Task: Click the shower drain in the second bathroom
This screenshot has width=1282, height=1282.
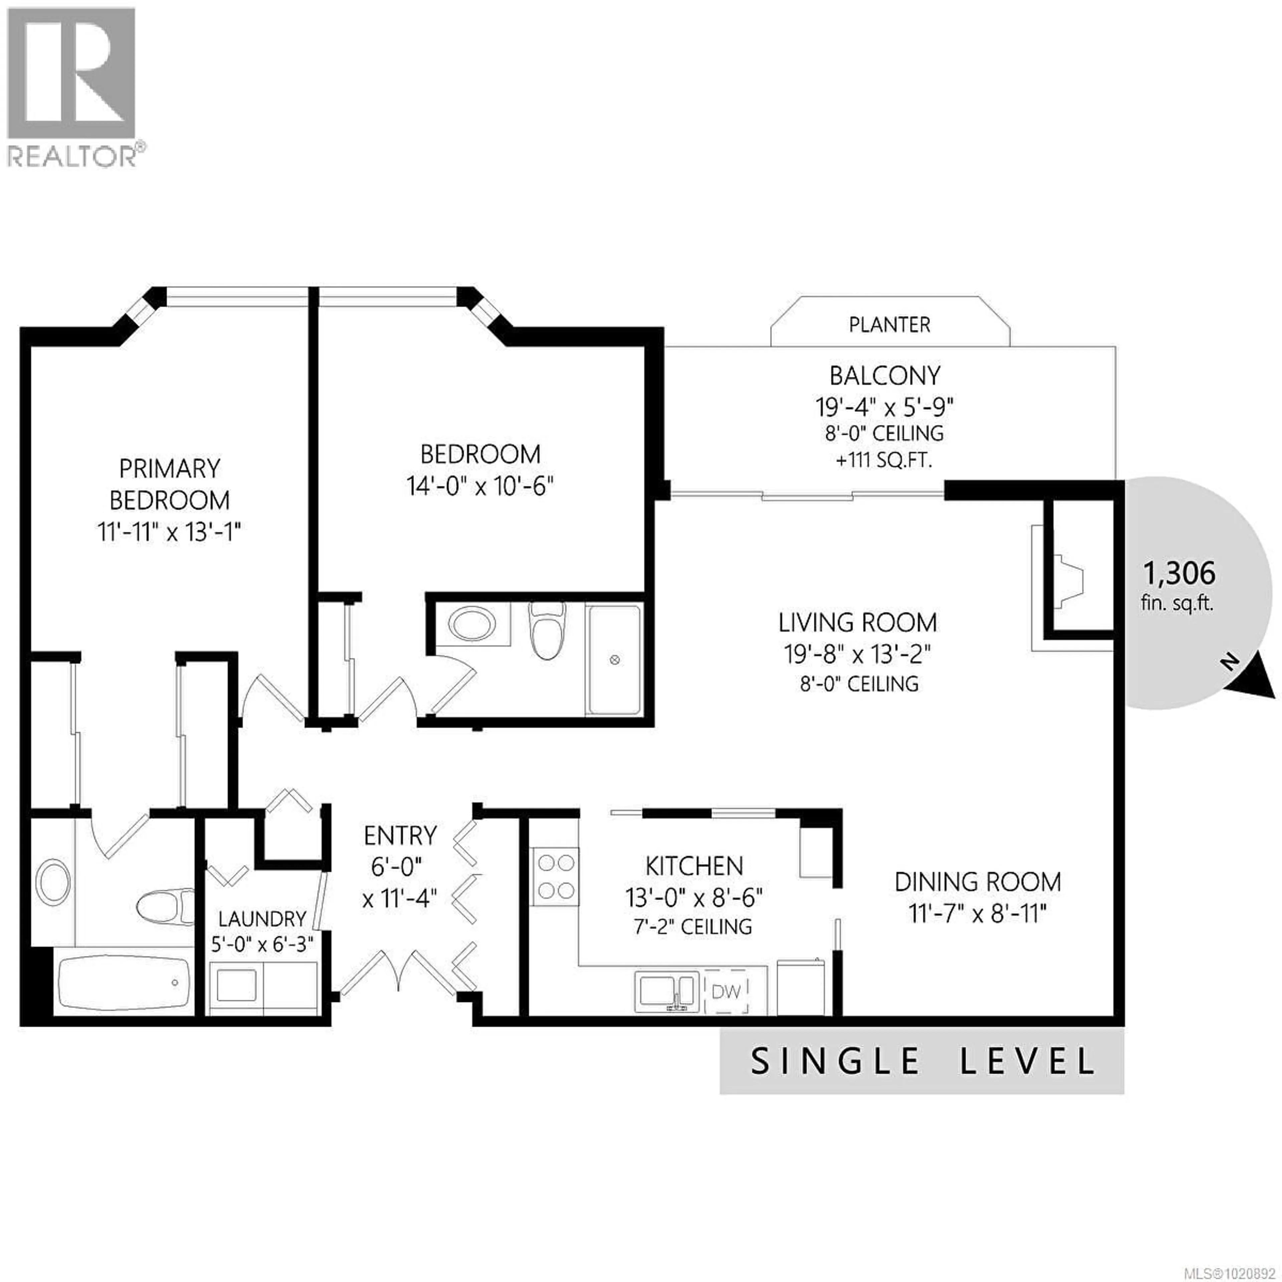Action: coord(614,660)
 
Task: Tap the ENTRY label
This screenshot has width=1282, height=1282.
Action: coord(400,835)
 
